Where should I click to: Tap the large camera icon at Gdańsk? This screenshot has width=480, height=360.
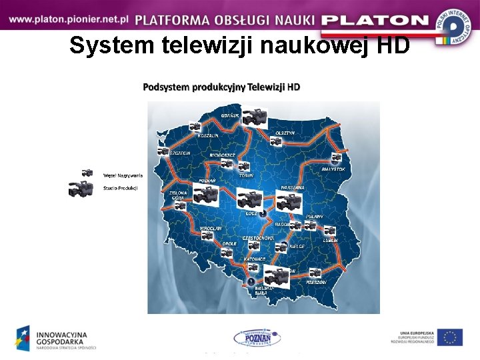click(253, 117)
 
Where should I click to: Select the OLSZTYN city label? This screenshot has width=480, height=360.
click(285, 133)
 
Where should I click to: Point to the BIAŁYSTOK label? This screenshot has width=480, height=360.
click(333, 169)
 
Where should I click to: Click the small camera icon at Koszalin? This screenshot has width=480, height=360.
click(195, 127)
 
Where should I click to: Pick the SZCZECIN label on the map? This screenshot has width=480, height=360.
click(180, 153)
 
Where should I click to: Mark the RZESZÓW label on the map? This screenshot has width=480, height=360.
click(317, 282)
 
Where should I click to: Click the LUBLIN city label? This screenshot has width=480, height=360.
click(331, 240)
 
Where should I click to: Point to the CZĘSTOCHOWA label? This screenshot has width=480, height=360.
click(258, 237)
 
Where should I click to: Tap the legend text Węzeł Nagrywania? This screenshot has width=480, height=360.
click(119, 175)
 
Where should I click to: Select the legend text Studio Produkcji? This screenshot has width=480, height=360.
click(120, 189)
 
